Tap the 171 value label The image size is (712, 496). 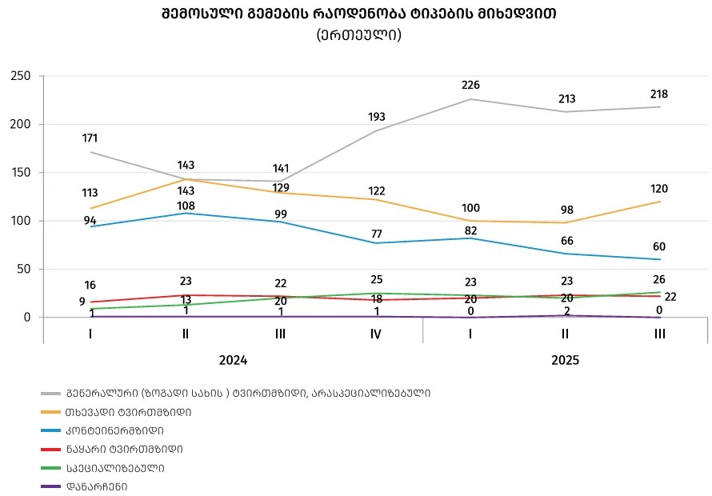pyautogui.click(x=90, y=138)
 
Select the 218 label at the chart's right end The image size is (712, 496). pyautogui.click(x=659, y=94)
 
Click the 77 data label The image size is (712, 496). pyautogui.click(x=375, y=234)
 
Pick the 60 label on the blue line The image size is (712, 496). pyautogui.click(x=659, y=246)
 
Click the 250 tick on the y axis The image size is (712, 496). pyautogui.click(x=20, y=76)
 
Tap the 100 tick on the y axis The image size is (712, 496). pyautogui.click(x=20, y=221)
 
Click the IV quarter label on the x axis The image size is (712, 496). pyautogui.click(x=375, y=334)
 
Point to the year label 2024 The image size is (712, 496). pyautogui.click(x=233, y=360)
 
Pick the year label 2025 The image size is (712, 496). pyautogui.click(x=565, y=360)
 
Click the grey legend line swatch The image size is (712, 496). pyautogui.click(x=51, y=394)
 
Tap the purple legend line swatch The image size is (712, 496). pyautogui.click(x=51, y=486)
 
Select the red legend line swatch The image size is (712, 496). pyautogui.click(x=51, y=449)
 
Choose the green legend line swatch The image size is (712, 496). pyautogui.click(x=51, y=467)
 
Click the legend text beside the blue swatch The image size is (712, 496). pyautogui.click(x=120, y=430)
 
